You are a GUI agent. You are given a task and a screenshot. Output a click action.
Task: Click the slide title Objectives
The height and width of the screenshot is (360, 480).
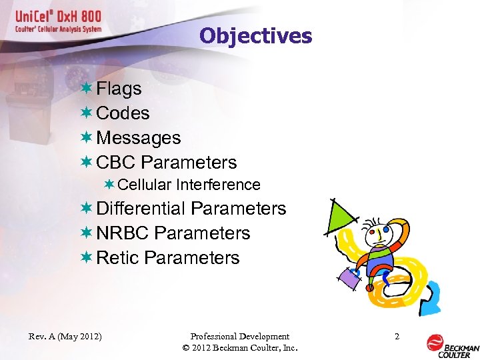point(255,36)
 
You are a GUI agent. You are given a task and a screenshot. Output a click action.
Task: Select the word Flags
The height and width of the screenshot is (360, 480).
point(119,89)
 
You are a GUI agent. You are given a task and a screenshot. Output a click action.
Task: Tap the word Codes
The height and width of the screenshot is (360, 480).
point(123,113)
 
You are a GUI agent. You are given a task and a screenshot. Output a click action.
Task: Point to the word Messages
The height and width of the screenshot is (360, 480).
point(139,138)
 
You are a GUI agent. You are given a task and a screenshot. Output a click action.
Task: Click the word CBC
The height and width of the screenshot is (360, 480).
point(117,163)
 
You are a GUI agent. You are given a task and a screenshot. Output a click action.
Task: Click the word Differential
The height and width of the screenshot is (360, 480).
point(141,209)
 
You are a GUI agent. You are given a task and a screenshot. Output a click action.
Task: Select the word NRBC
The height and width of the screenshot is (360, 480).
point(123,233)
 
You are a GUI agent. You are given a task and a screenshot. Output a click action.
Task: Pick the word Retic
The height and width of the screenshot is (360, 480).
point(117,258)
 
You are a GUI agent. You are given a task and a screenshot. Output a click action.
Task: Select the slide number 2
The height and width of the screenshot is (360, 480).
point(397,337)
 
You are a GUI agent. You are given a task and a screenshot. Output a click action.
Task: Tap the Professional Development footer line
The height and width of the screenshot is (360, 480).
point(239,337)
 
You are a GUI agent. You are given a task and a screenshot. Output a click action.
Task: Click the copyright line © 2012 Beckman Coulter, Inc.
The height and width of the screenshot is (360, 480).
point(239,348)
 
